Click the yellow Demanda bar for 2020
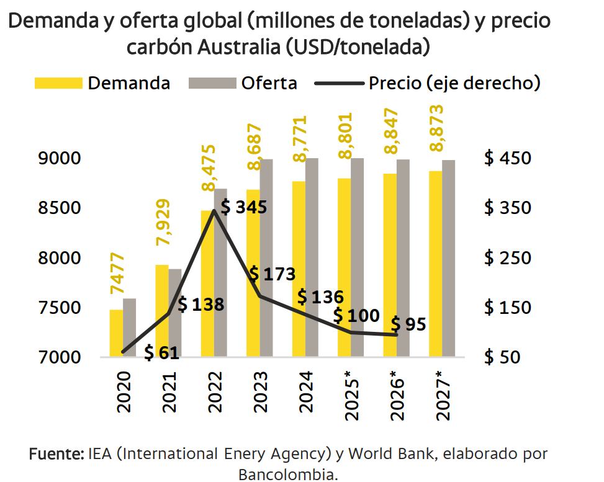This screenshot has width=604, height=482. (116, 333)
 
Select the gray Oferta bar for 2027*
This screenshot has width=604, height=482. (448, 258)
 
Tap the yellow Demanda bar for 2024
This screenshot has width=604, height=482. (298, 269)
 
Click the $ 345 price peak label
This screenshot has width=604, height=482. (244, 207)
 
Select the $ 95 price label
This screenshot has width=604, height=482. (408, 324)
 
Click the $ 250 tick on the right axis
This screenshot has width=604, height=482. (507, 257)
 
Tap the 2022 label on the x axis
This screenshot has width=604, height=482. (214, 393)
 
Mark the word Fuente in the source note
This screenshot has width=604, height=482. (56, 454)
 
